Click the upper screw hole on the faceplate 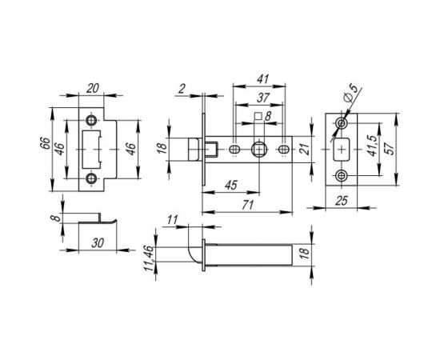pos(343,123)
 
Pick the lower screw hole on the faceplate pos(343,175)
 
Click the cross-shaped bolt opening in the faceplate pos(342,150)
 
